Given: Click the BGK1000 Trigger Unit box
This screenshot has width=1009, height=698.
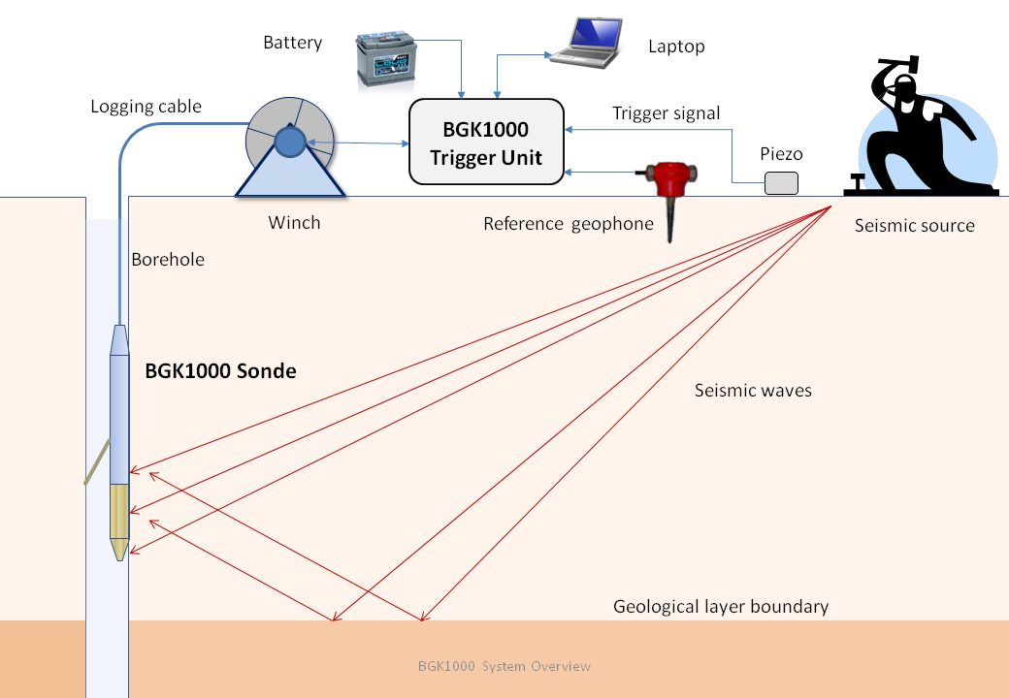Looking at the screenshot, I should coord(486,142).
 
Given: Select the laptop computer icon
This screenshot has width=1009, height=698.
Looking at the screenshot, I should coord(585,43).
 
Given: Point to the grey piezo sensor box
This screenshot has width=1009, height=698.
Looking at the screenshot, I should coord(781,182).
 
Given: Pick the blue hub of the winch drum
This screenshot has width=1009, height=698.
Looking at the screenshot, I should coord(289,143).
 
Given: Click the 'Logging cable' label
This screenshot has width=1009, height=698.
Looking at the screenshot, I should coord(146,107).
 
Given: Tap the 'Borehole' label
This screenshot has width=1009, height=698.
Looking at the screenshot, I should coord(168,260).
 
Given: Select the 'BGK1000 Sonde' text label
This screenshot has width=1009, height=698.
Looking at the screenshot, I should coord(220,370).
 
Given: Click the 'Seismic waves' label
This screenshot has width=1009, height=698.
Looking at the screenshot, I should coord(753,391).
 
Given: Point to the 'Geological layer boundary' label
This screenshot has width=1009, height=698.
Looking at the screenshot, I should coord(721,607).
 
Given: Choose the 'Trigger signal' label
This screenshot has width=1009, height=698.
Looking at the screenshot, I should coord(666,113).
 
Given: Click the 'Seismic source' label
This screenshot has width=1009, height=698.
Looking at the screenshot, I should coord(914,226).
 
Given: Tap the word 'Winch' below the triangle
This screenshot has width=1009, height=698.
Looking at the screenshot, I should coord(294,223).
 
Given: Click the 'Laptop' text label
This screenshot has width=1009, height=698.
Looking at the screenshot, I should coord(676,47).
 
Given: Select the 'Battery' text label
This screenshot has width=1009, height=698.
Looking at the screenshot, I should coord(292,43).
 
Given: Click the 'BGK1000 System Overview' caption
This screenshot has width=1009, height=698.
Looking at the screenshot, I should coord(504,666).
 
